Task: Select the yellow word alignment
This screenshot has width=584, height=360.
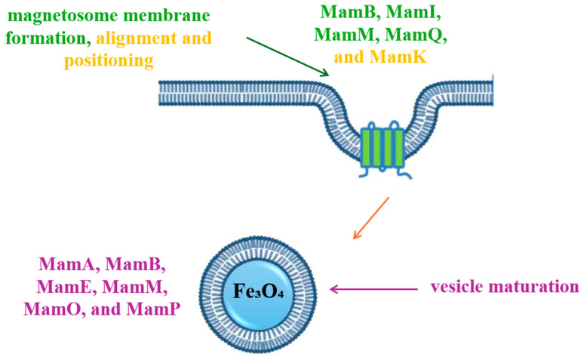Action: click(x=144, y=38)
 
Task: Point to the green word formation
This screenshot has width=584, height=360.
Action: click(x=41, y=38)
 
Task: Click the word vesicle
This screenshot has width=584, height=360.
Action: click(x=458, y=288)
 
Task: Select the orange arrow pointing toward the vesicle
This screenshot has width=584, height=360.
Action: click(x=370, y=218)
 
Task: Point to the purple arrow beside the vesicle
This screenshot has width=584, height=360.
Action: click(x=370, y=288)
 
